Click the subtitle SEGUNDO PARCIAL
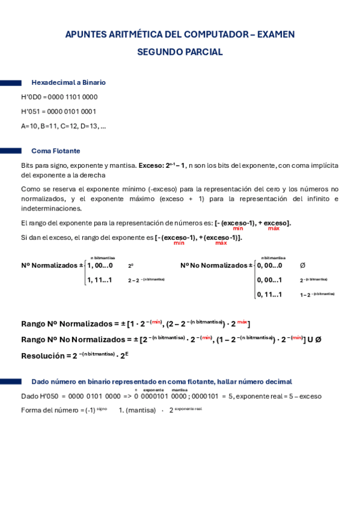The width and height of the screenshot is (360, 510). [180, 52]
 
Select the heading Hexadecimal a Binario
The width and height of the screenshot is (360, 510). [69, 82]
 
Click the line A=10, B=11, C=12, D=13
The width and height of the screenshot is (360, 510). [63, 126]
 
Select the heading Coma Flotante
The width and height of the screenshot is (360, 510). [56, 151]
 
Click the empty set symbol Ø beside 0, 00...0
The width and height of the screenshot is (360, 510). [302, 265]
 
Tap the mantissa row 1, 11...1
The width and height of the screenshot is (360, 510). [100, 280]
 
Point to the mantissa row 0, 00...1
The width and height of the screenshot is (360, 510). [269, 280]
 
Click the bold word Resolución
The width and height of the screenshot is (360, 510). [43, 355]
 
